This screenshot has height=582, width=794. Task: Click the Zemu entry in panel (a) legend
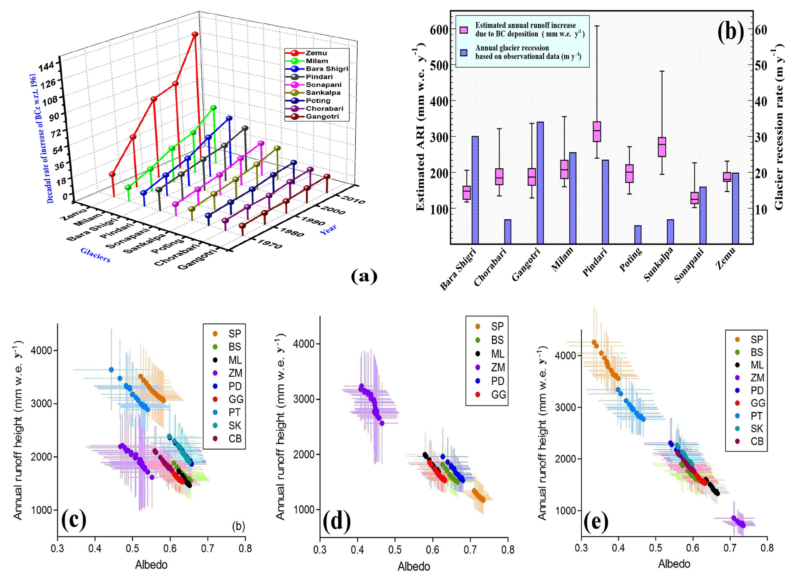(x=316, y=53)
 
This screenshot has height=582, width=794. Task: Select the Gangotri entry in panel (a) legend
(x=322, y=117)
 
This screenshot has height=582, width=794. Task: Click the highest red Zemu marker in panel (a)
(x=195, y=34)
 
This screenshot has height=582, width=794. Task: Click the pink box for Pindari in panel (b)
(x=597, y=132)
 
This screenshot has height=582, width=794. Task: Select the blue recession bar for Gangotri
(x=540, y=183)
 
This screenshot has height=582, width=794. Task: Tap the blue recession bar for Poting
(x=638, y=234)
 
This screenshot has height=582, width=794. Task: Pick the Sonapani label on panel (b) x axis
(x=689, y=265)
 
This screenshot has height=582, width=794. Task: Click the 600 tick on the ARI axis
(x=439, y=30)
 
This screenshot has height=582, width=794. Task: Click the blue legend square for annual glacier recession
(x=464, y=53)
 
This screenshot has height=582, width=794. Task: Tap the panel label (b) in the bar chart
(x=730, y=31)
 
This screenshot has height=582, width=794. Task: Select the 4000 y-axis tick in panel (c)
(x=45, y=351)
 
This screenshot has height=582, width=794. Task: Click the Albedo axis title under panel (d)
(x=413, y=567)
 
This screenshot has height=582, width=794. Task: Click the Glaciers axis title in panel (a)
(x=95, y=255)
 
